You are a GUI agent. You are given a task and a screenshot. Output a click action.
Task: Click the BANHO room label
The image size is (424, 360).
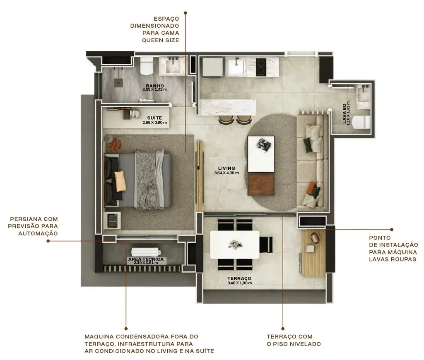click(154, 86)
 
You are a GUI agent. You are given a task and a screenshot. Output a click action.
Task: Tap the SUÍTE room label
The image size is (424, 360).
click(154, 118)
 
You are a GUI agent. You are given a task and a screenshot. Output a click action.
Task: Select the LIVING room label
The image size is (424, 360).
click(226, 168)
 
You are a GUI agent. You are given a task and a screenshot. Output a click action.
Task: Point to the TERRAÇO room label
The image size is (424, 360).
click(239, 278)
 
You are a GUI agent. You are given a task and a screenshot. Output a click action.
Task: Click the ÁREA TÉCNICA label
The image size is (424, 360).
click(146, 259)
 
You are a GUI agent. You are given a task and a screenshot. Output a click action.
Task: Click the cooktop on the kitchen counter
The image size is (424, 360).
click(262, 66)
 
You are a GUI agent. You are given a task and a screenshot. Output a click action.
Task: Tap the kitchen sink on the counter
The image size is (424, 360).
click(238, 66)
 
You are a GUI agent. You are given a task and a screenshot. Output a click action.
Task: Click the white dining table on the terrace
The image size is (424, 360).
click(235, 244)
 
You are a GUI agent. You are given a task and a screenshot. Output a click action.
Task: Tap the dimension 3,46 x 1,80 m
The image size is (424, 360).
click(239, 283)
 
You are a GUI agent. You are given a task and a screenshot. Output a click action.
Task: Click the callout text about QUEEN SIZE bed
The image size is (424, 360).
click(154, 29)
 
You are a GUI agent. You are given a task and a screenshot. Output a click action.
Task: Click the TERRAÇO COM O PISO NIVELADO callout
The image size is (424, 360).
click(294, 340)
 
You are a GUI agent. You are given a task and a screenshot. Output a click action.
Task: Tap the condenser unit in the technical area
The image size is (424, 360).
click(145, 252)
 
